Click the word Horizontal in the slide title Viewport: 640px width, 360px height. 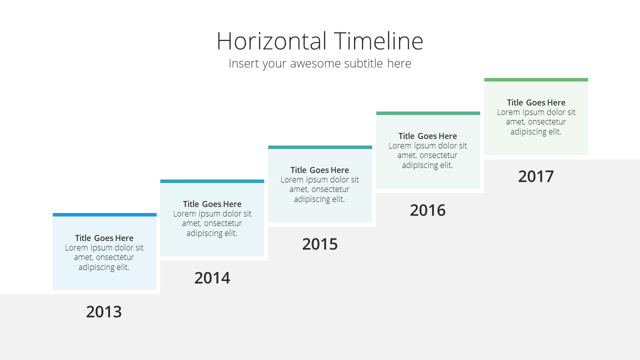point(271,41)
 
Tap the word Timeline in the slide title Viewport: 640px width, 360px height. point(378,41)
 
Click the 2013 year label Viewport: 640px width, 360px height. point(104,311)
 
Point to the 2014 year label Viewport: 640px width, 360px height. point(212,277)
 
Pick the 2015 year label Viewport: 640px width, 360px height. point(319,244)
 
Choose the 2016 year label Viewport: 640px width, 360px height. point(427,210)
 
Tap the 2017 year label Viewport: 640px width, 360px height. point(536,176)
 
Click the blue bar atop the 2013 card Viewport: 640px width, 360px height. point(104,214)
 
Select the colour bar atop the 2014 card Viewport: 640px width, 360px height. point(212,181)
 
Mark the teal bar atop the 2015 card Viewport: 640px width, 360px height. point(320,147)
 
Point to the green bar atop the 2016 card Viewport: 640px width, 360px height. point(428,113)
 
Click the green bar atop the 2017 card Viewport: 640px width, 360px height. point(536,79)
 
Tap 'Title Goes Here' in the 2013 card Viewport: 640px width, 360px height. point(104,238)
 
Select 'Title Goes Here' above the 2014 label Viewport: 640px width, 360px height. point(212,204)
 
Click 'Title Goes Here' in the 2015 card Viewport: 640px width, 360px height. point(319,170)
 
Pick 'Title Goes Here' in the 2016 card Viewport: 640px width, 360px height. point(427,136)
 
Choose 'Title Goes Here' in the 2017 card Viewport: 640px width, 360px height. point(536,102)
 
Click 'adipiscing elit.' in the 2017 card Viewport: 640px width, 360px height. point(536,131)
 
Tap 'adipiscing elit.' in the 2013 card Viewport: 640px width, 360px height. point(104,267)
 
